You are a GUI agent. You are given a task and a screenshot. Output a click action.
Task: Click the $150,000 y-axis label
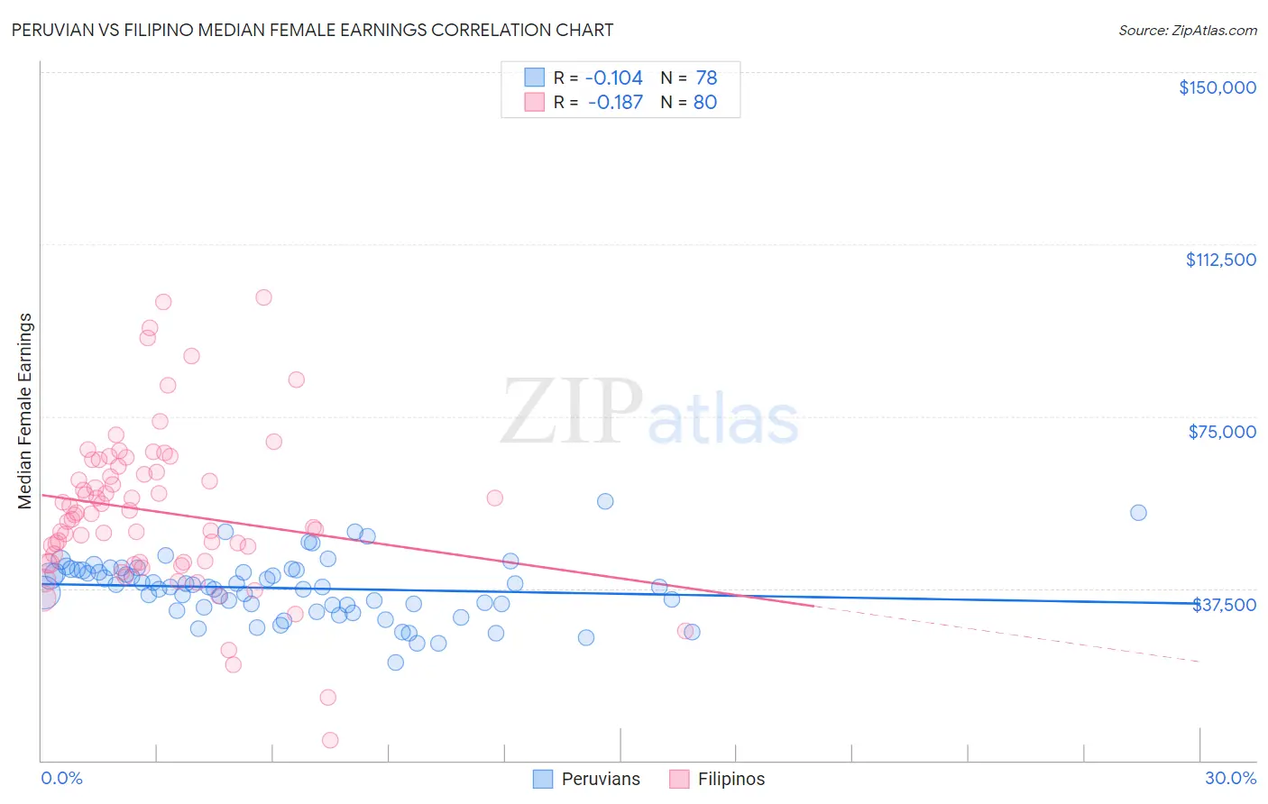point(1217,87)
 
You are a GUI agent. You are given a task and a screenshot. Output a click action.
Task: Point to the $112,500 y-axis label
point(1220,260)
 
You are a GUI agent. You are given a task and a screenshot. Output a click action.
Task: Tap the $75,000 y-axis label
point(1222,432)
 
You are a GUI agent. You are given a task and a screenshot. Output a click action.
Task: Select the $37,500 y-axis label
point(1224,605)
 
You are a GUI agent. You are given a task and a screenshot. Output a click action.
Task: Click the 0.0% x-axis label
point(61,778)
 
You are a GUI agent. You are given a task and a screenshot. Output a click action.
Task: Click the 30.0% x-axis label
point(1230,778)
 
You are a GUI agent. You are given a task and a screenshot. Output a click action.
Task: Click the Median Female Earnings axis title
point(25,411)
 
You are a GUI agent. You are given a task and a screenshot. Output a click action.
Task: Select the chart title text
point(312,30)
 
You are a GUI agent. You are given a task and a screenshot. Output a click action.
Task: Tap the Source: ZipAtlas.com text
point(1187,30)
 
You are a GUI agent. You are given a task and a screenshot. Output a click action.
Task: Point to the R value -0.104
point(614,78)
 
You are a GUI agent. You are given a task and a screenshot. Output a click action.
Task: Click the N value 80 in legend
point(704,102)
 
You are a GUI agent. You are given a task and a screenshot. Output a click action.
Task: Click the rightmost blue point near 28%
point(1138,513)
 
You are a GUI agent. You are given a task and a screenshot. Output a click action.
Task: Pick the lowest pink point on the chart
point(330,740)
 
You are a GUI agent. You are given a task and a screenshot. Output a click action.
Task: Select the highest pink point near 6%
point(263,297)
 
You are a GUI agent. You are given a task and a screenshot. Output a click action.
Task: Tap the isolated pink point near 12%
point(494,498)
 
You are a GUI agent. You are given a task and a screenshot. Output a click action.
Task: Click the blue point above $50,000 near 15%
point(605,501)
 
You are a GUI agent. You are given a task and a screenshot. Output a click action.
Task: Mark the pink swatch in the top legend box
point(535,102)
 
